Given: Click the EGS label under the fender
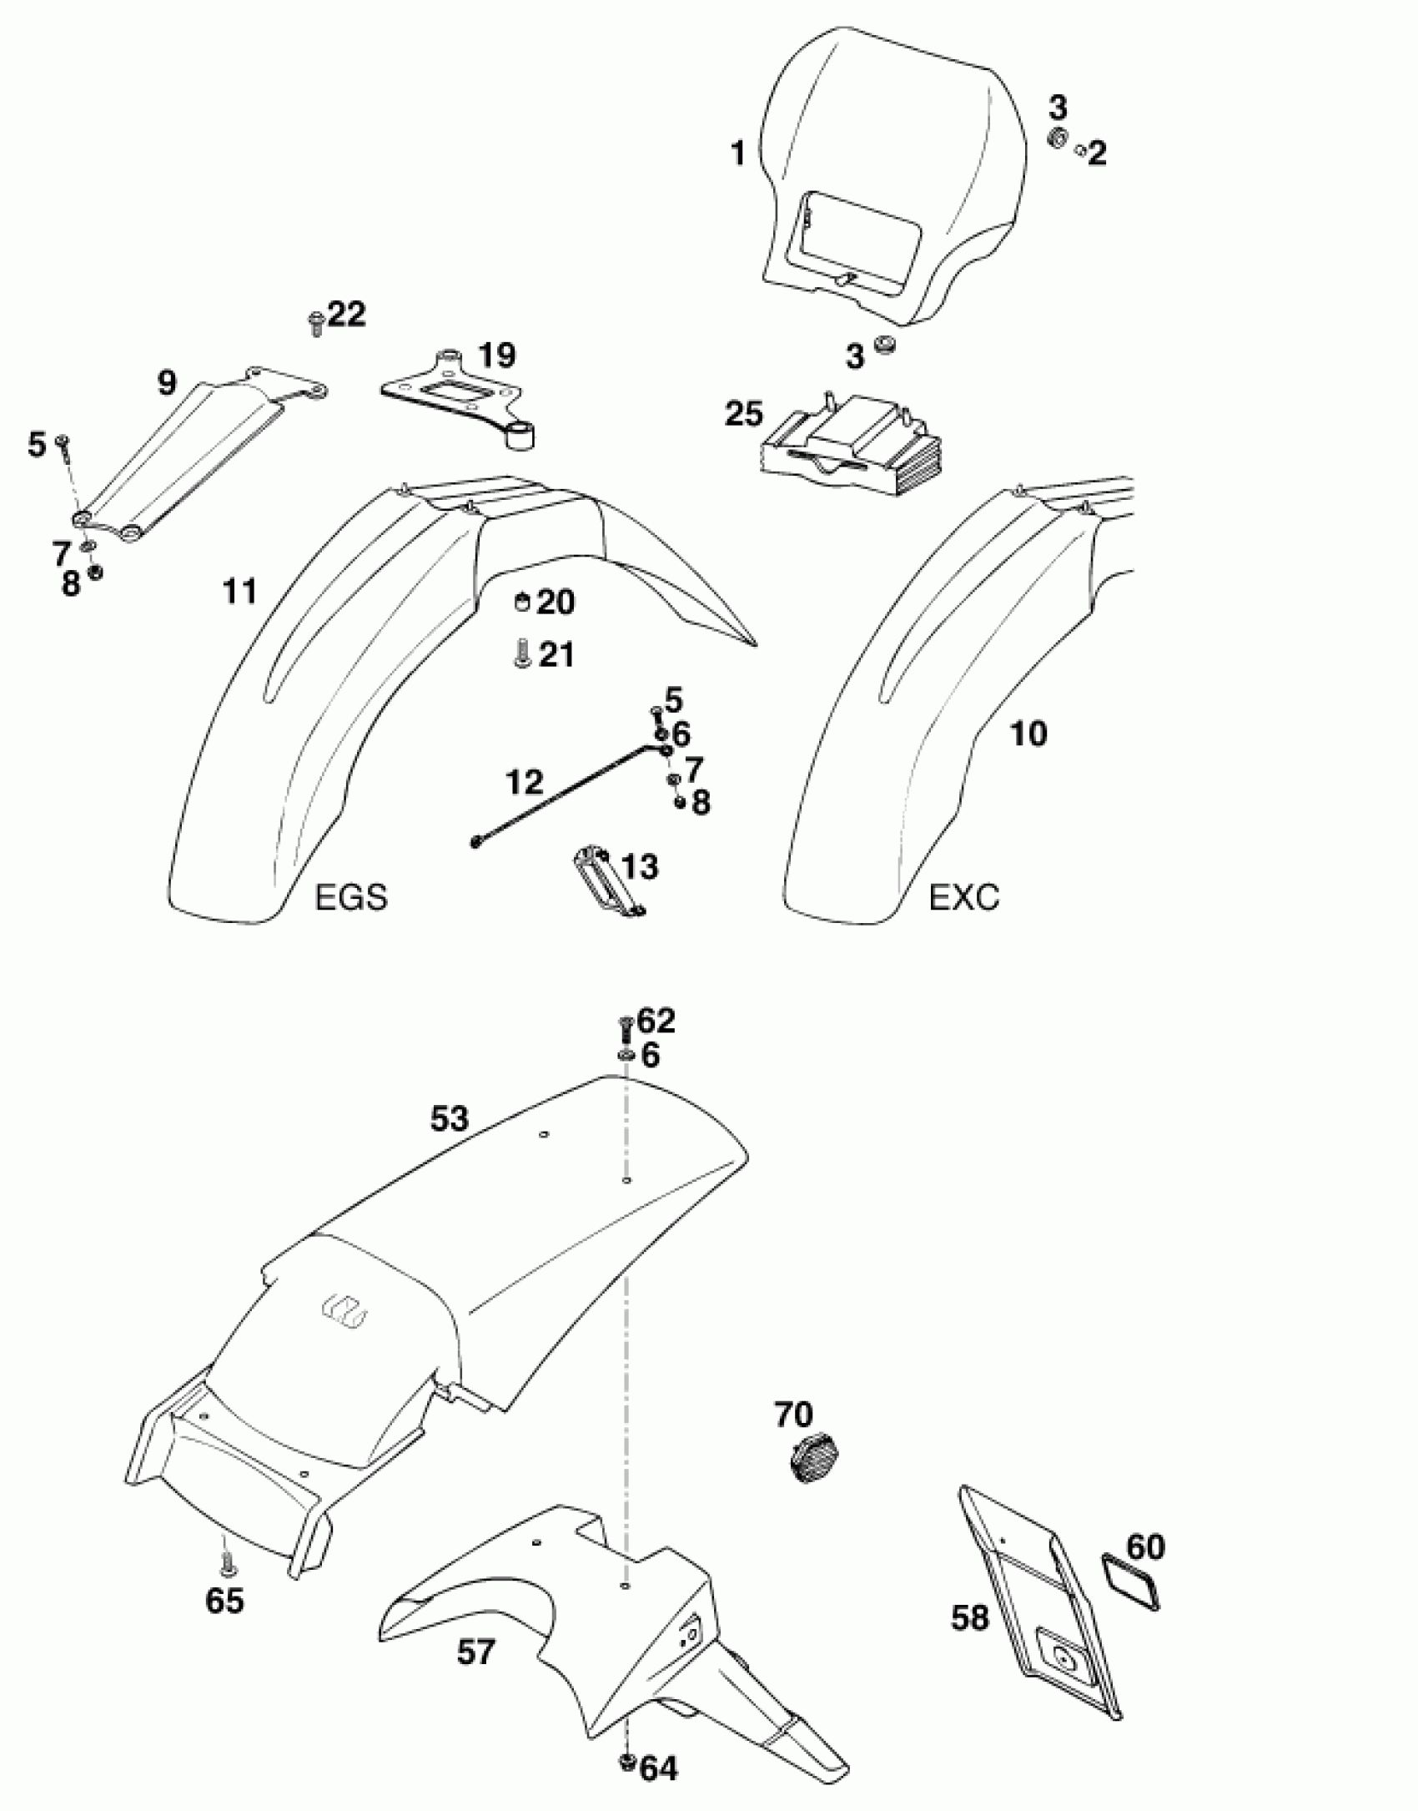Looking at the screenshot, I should tap(350, 897).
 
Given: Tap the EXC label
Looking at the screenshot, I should tap(963, 897).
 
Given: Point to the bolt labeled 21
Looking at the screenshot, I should tap(520, 653).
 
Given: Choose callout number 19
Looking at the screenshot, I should tap(496, 355).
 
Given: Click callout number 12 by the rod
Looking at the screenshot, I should tap(524, 781).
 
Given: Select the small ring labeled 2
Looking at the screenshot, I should tap(1080, 150).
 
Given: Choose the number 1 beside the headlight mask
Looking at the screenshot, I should tap(737, 154).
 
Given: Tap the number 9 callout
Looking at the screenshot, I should tap(167, 382).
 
